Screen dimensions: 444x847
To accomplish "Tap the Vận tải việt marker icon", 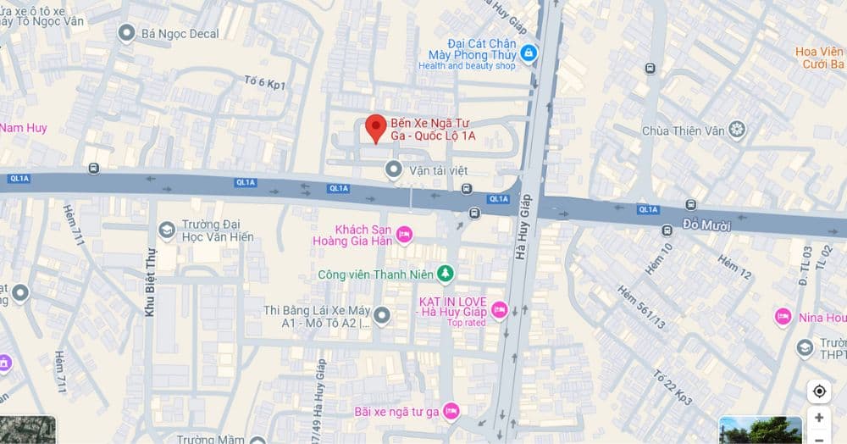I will [x=393, y=170].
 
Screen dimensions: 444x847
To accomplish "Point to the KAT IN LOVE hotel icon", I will [x=500, y=310].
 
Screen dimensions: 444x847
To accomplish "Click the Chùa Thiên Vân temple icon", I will [x=737, y=130].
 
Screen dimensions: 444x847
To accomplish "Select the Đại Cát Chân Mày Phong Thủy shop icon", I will [x=529, y=53].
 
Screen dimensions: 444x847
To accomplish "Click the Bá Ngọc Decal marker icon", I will [x=127, y=33].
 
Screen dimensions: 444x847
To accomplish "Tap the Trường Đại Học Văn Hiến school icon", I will [x=166, y=230].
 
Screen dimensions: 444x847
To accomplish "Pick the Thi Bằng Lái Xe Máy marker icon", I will [x=382, y=315].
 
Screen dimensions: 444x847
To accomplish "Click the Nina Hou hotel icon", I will [x=783, y=317].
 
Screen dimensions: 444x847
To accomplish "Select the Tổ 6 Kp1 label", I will [x=264, y=83].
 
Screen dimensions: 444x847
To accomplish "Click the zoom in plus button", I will [x=819, y=418].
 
